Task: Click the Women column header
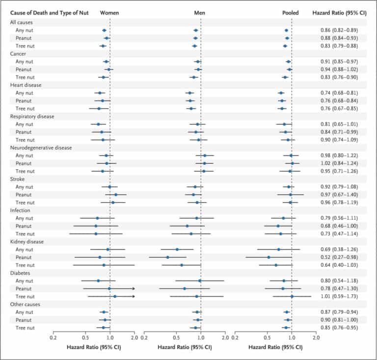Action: click(109, 13)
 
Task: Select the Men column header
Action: click(200, 13)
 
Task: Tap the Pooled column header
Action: click(291, 13)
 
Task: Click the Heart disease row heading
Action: click(26, 85)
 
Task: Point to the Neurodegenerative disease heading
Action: click(41, 148)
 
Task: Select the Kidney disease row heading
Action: click(27, 242)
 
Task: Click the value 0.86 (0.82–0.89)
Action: click(339, 30)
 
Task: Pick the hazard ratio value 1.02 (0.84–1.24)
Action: click(339, 163)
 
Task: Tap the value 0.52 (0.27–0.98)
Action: click(339, 257)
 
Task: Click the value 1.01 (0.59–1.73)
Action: click(339, 296)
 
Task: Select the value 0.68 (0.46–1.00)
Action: click(339, 226)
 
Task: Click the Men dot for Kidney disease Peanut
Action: click(167, 257)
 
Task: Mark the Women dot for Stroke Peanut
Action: click(116, 195)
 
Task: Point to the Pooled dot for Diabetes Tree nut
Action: click(292, 296)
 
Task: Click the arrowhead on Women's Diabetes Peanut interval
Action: click(134, 288)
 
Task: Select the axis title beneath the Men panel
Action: click(185, 347)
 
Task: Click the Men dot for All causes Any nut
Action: click(196, 30)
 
